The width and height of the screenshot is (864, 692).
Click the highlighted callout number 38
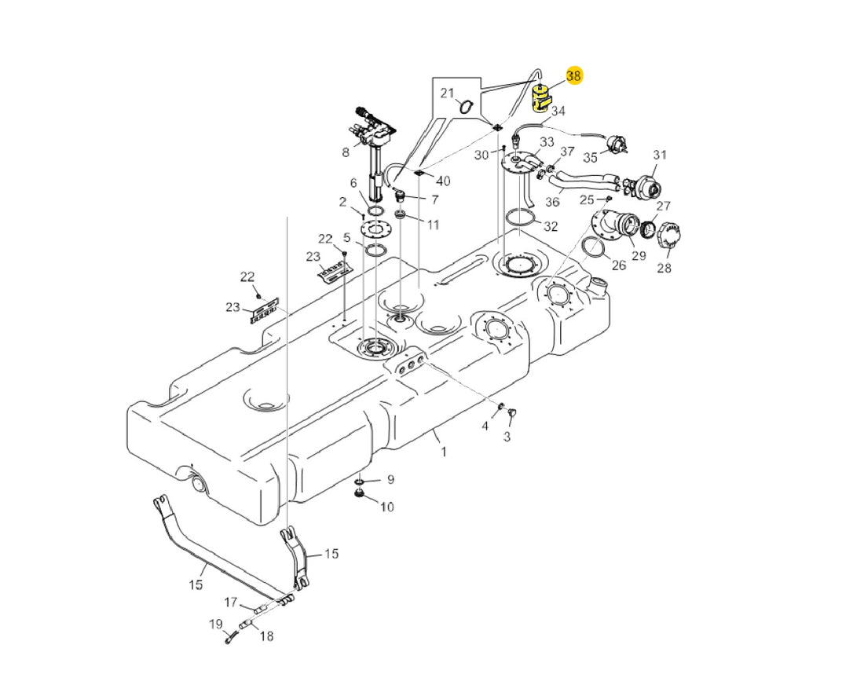click(x=573, y=76)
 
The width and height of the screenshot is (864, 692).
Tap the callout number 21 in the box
click(x=448, y=93)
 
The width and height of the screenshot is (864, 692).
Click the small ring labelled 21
click(x=465, y=106)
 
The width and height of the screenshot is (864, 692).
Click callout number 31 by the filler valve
click(x=659, y=155)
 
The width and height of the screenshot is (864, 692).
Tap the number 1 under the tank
click(x=444, y=452)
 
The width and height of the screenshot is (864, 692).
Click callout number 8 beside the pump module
click(x=346, y=153)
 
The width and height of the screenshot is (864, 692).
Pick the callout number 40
click(x=443, y=181)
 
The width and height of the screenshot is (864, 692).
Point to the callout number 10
click(x=387, y=507)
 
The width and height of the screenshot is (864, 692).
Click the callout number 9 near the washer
click(x=390, y=480)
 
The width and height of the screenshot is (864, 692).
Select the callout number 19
click(x=215, y=624)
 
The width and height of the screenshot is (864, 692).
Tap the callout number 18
click(x=266, y=636)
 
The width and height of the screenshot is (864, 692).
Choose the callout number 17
click(x=230, y=602)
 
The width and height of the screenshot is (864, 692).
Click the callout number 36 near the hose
click(x=552, y=202)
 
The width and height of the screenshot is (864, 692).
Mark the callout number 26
click(x=619, y=265)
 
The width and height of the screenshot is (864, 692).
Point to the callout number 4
click(x=485, y=426)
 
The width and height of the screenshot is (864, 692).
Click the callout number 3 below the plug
click(x=507, y=436)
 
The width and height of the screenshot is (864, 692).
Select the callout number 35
click(x=590, y=158)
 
